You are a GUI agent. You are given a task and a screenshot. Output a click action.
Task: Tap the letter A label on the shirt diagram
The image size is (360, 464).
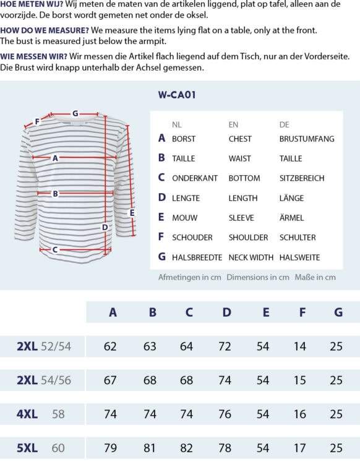[x=55, y=158]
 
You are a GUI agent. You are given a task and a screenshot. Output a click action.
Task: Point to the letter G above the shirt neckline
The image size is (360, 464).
[x=75, y=113]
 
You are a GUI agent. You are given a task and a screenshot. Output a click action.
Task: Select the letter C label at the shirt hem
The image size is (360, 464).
[x=55, y=250]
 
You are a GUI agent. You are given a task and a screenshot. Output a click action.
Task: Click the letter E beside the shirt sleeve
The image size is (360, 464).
[x=131, y=213]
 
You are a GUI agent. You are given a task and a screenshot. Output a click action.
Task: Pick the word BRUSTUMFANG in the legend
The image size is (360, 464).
[x=307, y=139]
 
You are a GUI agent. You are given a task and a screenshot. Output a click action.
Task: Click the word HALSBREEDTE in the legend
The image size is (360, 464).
[x=197, y=257]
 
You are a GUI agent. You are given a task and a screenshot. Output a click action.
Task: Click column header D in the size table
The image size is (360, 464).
[x=227, y=312]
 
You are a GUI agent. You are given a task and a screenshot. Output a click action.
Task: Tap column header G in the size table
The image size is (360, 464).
[x=338, y=312]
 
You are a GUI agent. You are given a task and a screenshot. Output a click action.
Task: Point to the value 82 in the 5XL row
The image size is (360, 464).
[x=187, y=448]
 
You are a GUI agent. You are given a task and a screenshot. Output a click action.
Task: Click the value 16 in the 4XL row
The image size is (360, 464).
[x=300, y=414]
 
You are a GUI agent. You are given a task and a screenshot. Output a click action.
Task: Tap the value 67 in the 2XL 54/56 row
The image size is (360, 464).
[x=110, y=380]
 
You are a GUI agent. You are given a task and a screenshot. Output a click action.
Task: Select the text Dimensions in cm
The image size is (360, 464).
[x=258, y=277]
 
